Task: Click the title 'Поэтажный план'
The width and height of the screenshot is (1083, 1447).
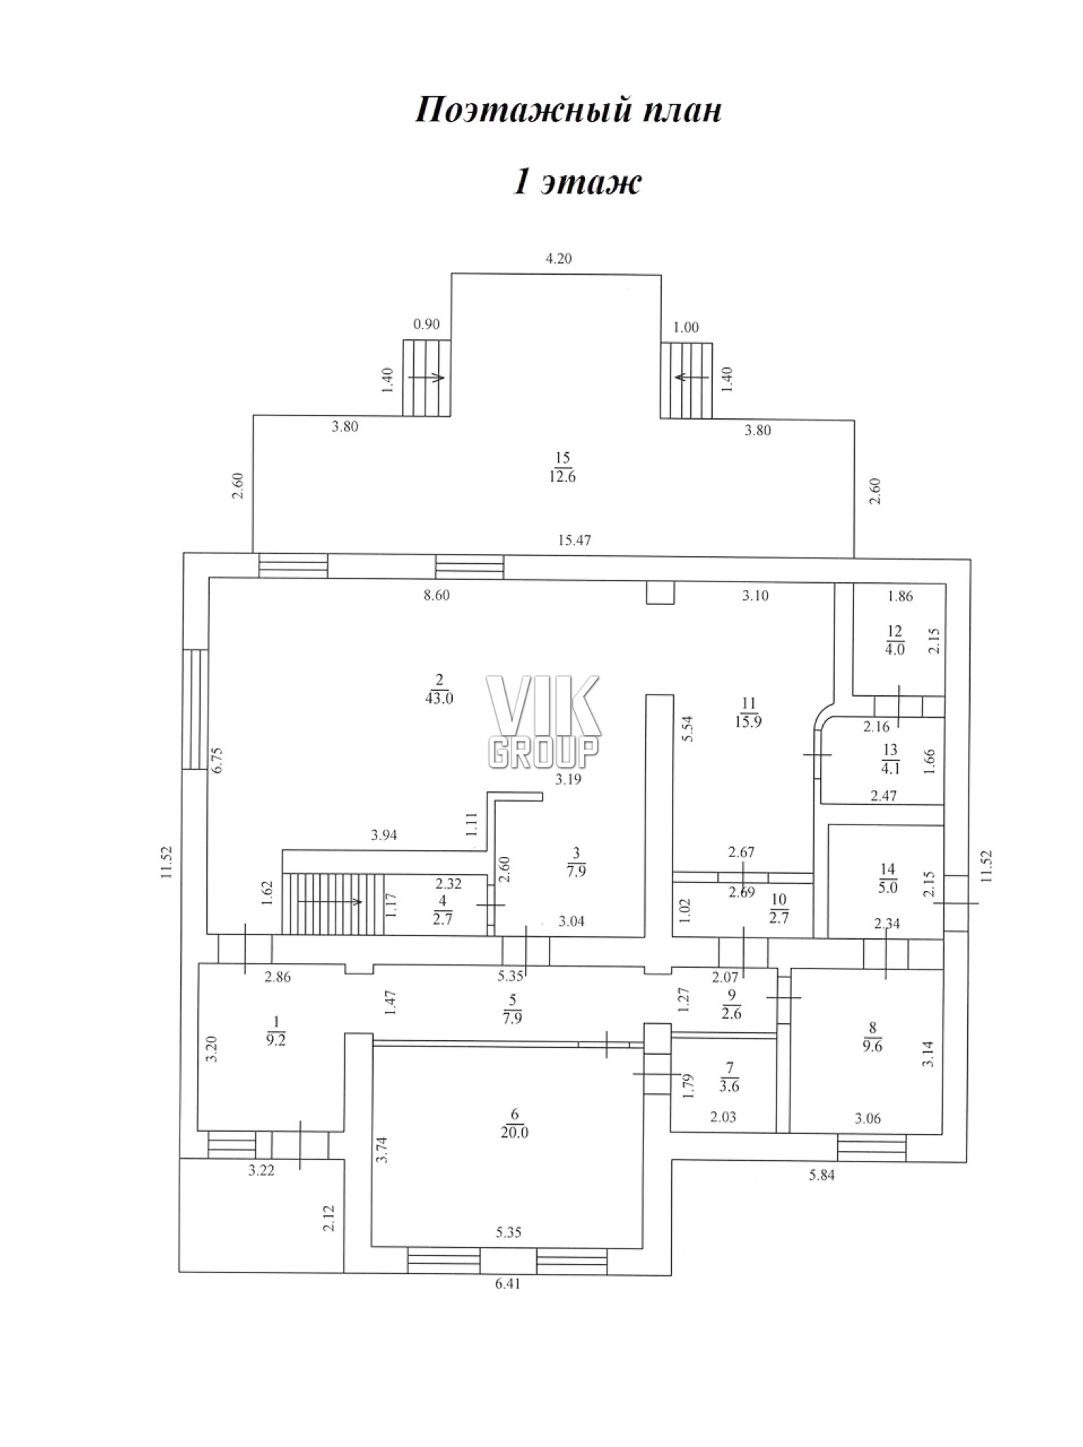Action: [568, 111]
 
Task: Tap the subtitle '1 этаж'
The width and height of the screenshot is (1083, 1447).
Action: [577, 182]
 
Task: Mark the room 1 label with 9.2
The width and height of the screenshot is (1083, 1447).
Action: [276, 1029]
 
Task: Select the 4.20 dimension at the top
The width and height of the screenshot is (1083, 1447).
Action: [558, 259]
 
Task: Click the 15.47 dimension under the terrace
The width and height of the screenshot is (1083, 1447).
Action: [574, 541]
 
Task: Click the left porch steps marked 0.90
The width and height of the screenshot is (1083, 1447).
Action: [427, 377]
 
